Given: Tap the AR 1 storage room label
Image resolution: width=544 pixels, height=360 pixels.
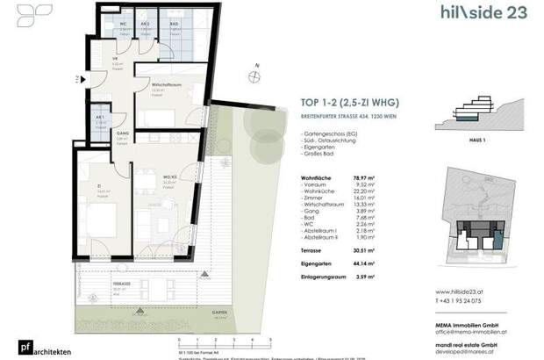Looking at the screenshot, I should [100, 116].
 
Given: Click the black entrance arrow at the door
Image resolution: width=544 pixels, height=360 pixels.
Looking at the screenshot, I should [83, 79].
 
